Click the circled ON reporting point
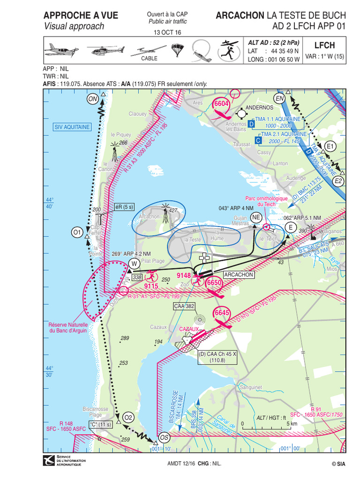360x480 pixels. [93, 98]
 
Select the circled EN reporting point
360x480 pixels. [280, 98]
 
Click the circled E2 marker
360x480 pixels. [338, 180]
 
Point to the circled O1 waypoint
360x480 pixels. [77, 232]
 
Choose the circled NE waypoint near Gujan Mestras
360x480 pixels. [256, 217]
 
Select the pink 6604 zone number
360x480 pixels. [221, 104]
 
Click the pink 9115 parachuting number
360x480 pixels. [151, 286]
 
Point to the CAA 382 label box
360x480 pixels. [184, 306]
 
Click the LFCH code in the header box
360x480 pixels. [325, 45]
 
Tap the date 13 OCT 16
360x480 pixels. [167, 32]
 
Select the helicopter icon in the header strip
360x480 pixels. [107, 50]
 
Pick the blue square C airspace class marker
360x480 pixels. [258, 140]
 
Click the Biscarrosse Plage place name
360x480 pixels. [95, 412]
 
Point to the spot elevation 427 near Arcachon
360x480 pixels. [173, 210]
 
